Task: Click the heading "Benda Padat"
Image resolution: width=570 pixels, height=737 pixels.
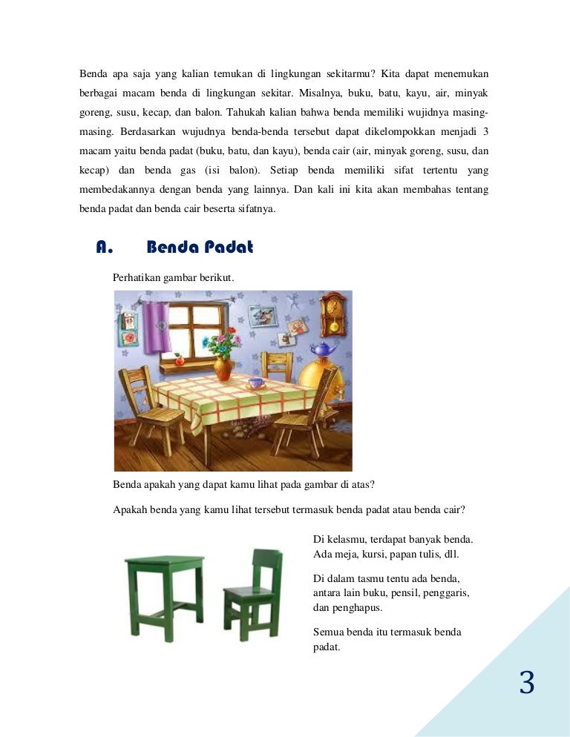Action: pos(200,248)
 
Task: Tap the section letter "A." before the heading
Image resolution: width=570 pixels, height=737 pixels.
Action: pos(104,248)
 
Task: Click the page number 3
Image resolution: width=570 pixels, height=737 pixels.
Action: pos(527,683)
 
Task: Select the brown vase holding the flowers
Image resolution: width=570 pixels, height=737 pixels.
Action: pos(223,367)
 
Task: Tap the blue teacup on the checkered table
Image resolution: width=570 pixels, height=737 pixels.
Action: pos(255,383)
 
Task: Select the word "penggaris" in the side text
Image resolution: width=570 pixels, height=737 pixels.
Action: pos(450,593)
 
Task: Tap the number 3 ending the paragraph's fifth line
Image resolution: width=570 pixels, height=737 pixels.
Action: pos(485,132)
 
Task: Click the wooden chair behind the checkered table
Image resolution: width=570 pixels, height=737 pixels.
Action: pos(278,366)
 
